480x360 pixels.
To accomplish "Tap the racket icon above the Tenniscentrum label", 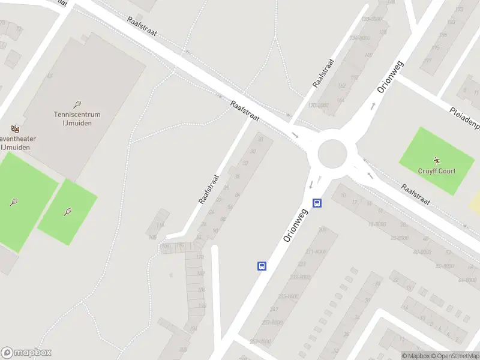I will tap(77, 104).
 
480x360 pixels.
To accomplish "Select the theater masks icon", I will tap(16, 128).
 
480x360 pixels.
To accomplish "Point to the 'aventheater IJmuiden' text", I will tap(18, 143).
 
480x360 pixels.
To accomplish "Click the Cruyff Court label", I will tap(437, 171).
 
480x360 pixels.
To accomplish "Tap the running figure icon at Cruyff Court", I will tap(437, 160).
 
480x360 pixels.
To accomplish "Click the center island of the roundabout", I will tap(332, 154).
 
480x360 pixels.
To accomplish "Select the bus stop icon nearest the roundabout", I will tap(317, 203).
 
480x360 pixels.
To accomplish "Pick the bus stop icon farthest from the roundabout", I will tap(262, 265).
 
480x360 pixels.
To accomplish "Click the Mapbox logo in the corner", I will tap(26, 353).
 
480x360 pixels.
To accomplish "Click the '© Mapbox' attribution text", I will tap(415, 356).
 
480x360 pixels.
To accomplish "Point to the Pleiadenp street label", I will tap(464, 118).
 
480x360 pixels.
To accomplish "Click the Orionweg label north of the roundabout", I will tap(391, 77).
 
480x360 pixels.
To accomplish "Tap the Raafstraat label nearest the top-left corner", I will tap(142, 26).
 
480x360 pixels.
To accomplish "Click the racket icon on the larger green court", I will tap(14, 202).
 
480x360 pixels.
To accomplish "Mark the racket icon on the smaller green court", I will tap(67, 211).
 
